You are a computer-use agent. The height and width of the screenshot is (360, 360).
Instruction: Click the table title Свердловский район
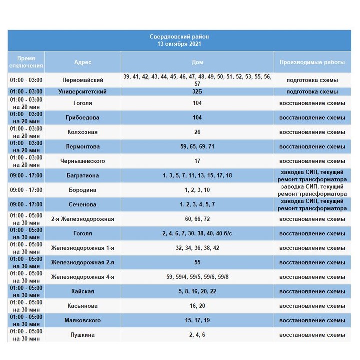coord(179,37)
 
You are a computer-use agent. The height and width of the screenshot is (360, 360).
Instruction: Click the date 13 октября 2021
coord(179,44)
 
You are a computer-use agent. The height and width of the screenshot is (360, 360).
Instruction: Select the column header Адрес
coord(83,62)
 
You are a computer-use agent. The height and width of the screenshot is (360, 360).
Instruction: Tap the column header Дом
coord(197,62)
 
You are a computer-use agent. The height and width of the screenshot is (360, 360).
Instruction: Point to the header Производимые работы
coord(312,62)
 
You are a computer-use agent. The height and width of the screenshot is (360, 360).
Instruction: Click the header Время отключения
coord(26,62)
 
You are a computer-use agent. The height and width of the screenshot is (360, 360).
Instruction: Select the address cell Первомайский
coord(83,80)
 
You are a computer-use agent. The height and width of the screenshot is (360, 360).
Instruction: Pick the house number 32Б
coord(197,92)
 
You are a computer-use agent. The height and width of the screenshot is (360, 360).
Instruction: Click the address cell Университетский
coord(83,92)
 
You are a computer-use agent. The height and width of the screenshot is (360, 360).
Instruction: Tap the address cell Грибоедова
coord(83,118)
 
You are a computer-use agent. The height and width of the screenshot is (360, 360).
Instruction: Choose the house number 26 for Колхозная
coord(197,132)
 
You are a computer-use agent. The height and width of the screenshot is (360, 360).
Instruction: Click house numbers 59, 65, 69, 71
coord(197,147)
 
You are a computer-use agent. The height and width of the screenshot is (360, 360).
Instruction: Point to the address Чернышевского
coord(83,161)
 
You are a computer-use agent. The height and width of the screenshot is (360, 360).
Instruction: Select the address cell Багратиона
coord(83,176)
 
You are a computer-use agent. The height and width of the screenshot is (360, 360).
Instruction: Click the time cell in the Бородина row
coord(26,190)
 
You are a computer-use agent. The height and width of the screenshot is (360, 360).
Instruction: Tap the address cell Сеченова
coord(83,205)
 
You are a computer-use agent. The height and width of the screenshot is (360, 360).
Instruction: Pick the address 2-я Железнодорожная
coord(83,219)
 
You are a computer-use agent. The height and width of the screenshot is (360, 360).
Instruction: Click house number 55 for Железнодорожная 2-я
coord(197,262)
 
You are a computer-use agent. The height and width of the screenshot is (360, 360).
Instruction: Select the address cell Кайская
coord(83,291)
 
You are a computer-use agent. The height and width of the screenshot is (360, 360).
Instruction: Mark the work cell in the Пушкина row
coord(312,335)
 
